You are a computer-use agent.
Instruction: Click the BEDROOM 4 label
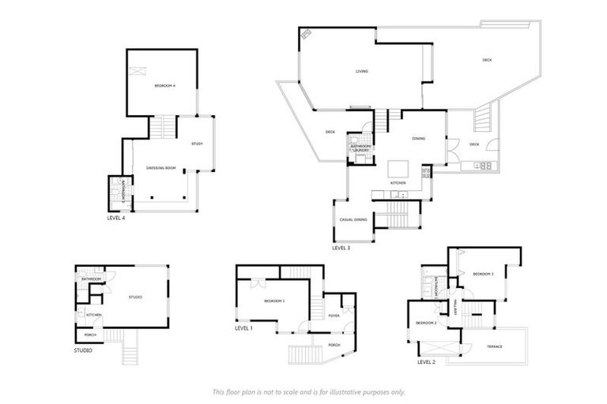(x=164, y=84)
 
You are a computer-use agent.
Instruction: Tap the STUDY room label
(x=198, y=144)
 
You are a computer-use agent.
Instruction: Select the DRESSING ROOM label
(x=160, y=167)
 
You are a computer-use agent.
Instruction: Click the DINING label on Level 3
(x=418, y=139)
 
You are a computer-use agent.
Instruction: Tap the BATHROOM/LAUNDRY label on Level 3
(x=360, y=148)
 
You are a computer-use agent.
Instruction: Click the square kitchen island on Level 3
(x=398, y=169)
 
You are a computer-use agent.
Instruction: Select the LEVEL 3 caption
(x=341, y=248)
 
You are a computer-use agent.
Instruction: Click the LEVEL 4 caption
(x=115, y=218)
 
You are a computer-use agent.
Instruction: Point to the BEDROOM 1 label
(x=273, y=301)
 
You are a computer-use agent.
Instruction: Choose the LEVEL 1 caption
(x=244, y=327)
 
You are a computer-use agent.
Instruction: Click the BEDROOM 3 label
(x=483, y=274)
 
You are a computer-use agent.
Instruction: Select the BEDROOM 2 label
(x=426, y=323)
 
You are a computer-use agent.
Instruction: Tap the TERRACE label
(x=494, y=346)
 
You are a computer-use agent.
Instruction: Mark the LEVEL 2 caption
(x=427, y=362)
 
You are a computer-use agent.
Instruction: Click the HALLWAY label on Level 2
(x=456, y=310)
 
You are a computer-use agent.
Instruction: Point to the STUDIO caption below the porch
(x=83, y=350)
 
